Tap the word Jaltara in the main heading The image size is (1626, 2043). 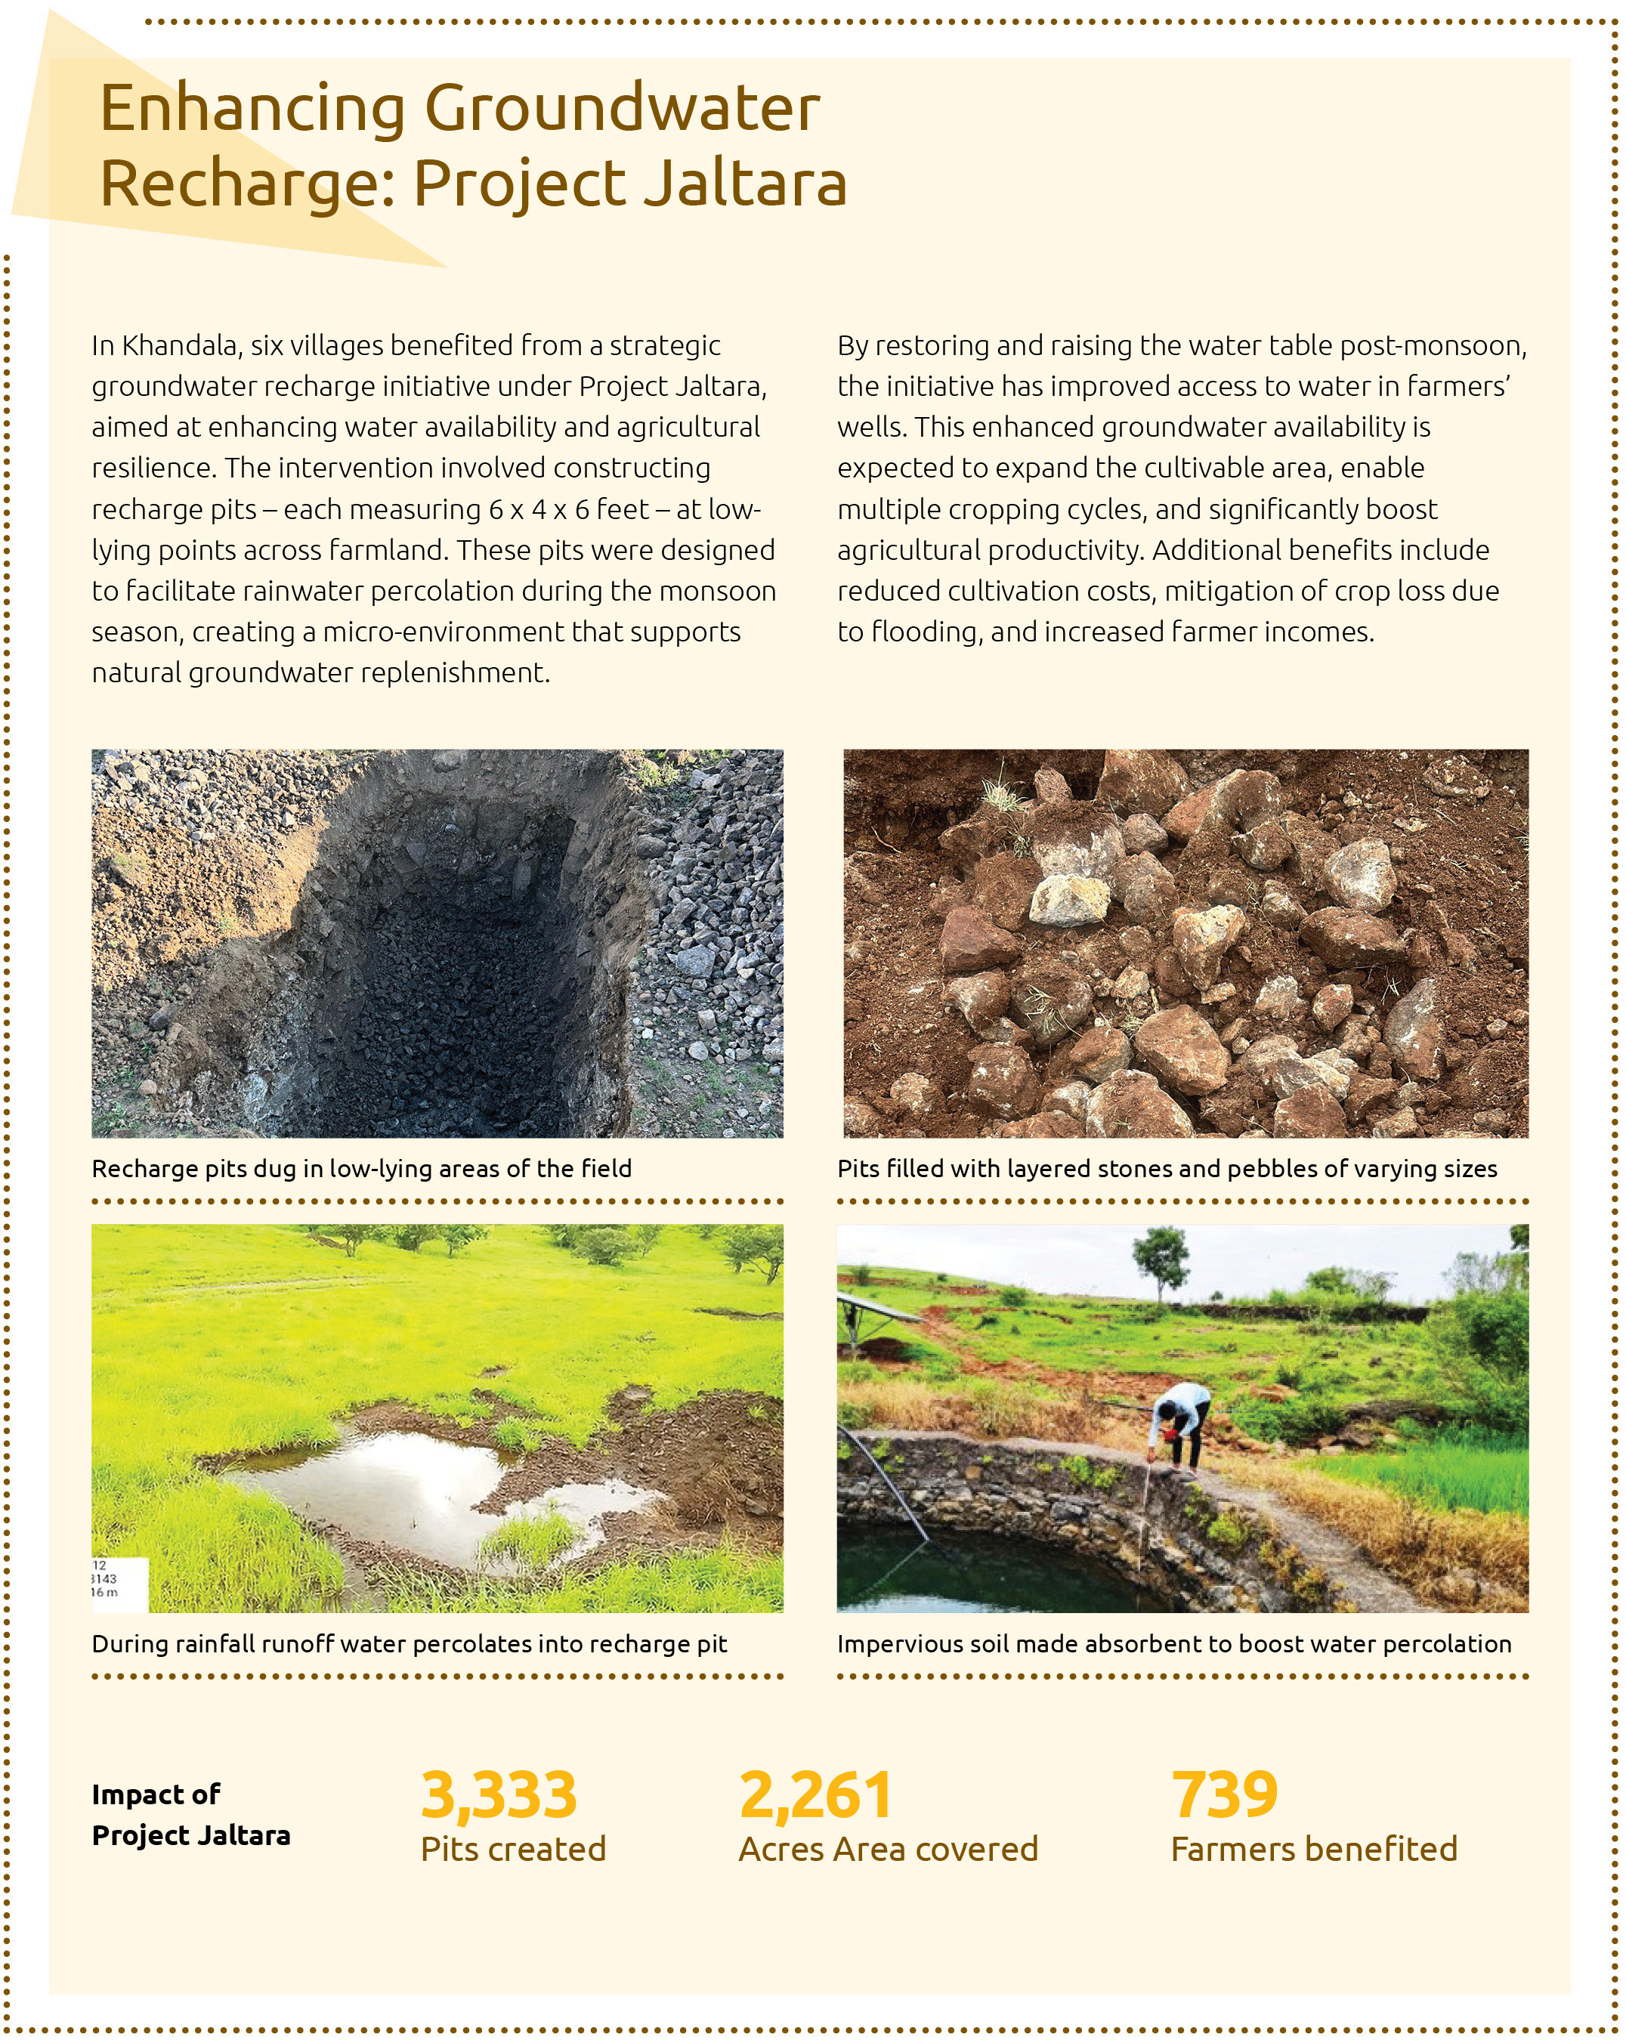pyautogui.click(x=745, y=183)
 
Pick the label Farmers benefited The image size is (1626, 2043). pyautogui.click(x=1313, y=1849)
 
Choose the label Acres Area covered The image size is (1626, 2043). pyautogui.click(x=888, y=1849)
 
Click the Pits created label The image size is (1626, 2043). pyautogui.click(x=512, y=1849)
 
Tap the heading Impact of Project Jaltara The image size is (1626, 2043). pyautogui.click(x=190, y=1815)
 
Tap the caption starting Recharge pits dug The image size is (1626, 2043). pyautogui.click(x=361, y=1168)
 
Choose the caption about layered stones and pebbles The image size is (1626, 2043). pyautogui.click(x=1167, y=1168)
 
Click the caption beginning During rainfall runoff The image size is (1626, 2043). pyautogui.click(x=410, y=1644)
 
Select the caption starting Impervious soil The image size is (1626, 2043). pyautogui.click(x=1174, y=1644)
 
